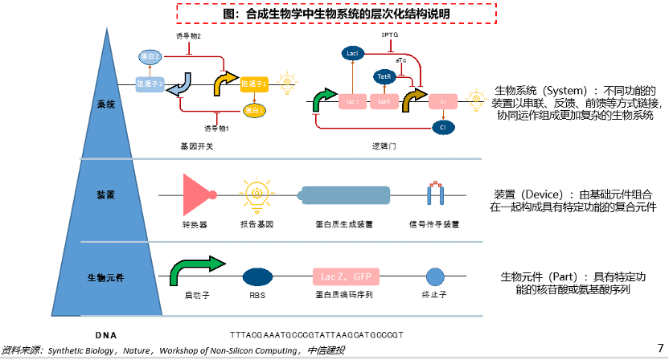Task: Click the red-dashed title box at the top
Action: pos(336,14)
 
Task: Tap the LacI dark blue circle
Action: pos(351,53)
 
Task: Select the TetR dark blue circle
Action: pos(384,76)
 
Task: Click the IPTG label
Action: pos(390,35)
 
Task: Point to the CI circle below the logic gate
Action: pos(441,127)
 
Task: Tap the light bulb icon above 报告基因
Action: pos(257,194)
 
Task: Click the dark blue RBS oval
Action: pos(257,277)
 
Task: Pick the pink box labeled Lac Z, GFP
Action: pos(345,276)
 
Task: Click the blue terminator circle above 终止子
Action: pos(435,277)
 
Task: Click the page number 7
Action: pos(660,347)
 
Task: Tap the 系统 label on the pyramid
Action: pos(106,104)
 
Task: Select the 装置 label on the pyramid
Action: pos(106,195)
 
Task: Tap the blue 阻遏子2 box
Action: pos(150,83)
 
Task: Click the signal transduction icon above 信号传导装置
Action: pos(434,194)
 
